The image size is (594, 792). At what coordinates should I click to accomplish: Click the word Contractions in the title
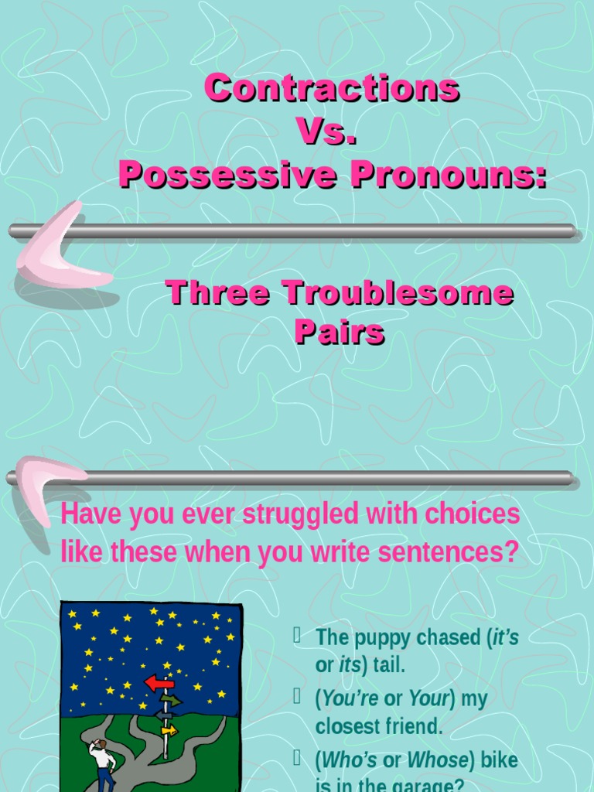[x=332, y=88]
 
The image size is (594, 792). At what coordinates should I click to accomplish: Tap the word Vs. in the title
[x=327, y=132]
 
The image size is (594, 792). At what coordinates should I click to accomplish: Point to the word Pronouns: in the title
[x=448, y=176]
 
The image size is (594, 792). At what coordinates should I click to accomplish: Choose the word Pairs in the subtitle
[x=339, y=333]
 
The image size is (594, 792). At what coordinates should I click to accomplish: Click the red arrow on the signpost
[x=159, y=683]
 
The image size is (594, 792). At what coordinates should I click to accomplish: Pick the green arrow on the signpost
[x=171, y=701]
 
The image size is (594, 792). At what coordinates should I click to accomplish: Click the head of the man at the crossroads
[x=99, y=744]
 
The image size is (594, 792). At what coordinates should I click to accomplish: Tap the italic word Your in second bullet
[x=429, y=699]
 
